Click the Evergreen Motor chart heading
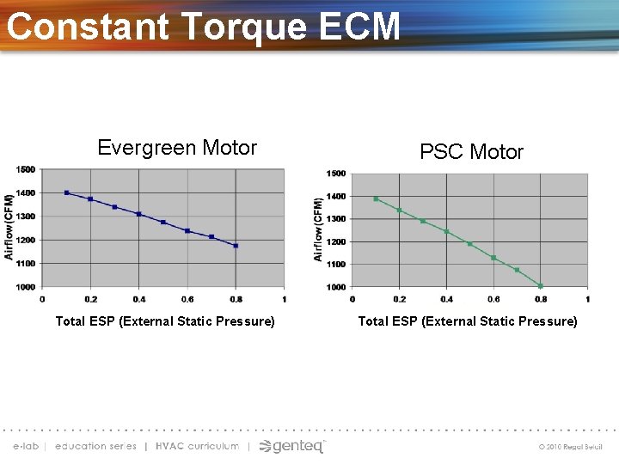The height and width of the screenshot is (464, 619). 177,148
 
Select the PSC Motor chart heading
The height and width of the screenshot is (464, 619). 471,152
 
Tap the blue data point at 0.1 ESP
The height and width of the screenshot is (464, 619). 67,192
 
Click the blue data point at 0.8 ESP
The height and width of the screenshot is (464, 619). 236,246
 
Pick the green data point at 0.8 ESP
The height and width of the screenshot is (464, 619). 541,286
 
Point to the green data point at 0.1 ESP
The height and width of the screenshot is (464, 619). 376,198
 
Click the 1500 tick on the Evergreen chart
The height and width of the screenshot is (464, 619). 26,169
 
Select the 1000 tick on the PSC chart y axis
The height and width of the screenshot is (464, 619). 335,287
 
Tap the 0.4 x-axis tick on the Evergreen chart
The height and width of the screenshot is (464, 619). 139,299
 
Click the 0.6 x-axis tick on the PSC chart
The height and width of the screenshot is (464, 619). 493,299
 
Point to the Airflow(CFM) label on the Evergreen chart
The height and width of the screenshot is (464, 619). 9,227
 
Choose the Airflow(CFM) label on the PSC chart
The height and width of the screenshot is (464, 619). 318,229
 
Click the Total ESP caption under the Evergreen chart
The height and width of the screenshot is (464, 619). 165,321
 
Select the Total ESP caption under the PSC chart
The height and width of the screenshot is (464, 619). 468,321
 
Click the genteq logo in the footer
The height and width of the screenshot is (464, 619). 293,446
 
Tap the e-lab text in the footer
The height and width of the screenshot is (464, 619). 27,446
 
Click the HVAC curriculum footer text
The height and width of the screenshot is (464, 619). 197,446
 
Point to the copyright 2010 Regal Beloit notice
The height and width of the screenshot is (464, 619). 571,447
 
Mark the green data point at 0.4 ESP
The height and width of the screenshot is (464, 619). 446,231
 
